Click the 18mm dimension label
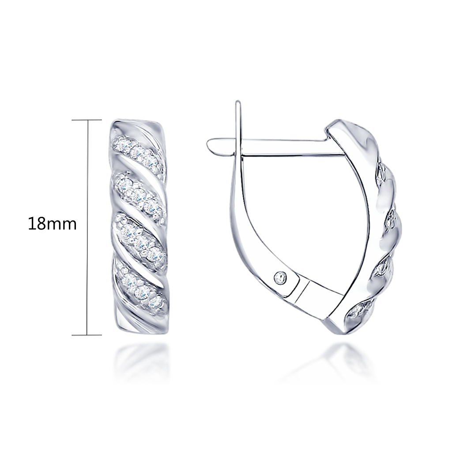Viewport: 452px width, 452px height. (52, 224)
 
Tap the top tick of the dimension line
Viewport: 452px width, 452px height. (87, 120)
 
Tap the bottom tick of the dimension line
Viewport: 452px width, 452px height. (87, 335)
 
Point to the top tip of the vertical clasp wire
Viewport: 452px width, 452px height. (238, 102)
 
